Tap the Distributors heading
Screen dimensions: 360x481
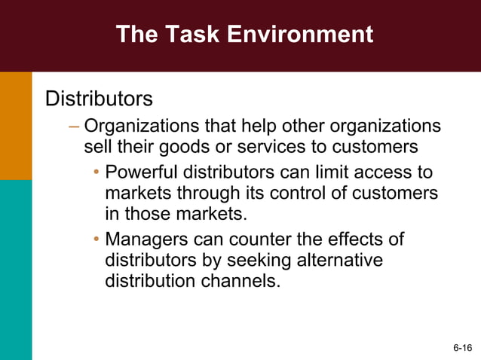click(99, 99)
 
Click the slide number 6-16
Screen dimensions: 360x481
click(462, 347)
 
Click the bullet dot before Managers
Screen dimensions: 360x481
click(97, 241)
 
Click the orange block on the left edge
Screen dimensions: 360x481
click(16, 126)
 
